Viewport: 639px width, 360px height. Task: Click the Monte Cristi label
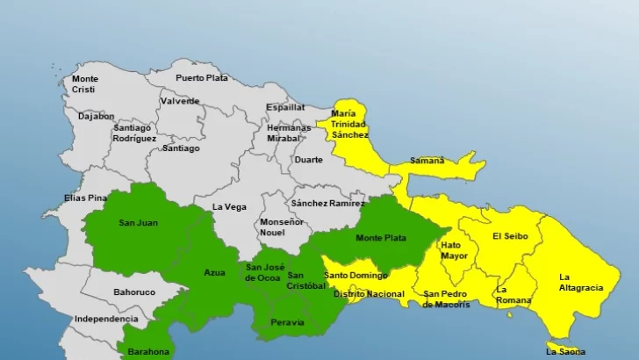click(x=85, y=84)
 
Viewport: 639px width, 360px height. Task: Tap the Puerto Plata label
click(x=202, y=78)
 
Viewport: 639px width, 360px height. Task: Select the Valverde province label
click(x=180, y=101)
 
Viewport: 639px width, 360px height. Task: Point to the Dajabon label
click(x=97, y=116)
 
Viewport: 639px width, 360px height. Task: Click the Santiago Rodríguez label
click(x=134, y=133)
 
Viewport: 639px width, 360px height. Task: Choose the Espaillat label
click(x=286, y=107)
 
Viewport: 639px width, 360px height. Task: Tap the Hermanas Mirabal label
click(x=289, y=133)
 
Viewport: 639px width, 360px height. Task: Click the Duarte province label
click(x=308, y=160)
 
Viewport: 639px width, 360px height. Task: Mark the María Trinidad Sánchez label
click(x=348, y=125)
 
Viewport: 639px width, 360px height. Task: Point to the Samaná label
click(x=427, y=161)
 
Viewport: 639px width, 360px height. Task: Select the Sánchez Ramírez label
click(x=327, y=203)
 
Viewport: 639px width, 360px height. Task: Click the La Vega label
click(x=229, y=207)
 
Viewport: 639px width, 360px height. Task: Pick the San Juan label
click(x=138, y=223)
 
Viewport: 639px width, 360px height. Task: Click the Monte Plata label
click(x=381, y=238)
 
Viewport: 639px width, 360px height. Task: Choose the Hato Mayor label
click(x=454, y=251)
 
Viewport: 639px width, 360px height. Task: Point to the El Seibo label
click(x=509, y=235)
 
